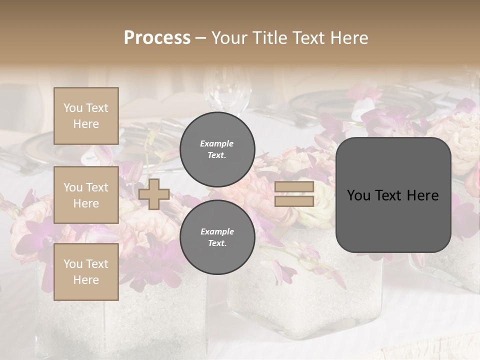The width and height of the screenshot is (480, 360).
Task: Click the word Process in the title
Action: pos(157,38)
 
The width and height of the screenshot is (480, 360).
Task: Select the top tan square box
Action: pos(86,116)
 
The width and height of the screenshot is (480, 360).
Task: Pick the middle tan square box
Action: pos(86,195)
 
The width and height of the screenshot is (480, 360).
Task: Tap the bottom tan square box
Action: pos(86,272)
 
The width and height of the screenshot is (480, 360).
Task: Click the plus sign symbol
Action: pos(154,194)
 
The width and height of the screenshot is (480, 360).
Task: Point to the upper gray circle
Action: pos(217,149)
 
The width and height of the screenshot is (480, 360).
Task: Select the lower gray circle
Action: pos(217,237)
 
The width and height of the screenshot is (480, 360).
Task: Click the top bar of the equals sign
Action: pos(294,187)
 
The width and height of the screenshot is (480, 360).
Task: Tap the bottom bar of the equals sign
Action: pos(294,201)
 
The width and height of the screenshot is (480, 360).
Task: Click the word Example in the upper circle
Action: pos(217,143)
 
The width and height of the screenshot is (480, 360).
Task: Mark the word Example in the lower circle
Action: pos(217,231)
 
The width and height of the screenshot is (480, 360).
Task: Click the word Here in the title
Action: pos(349,38)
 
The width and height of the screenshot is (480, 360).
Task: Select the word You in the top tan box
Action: pos(72,108)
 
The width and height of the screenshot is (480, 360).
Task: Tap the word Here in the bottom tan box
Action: pos(86,280)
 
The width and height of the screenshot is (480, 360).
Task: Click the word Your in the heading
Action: pos(230,38)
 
